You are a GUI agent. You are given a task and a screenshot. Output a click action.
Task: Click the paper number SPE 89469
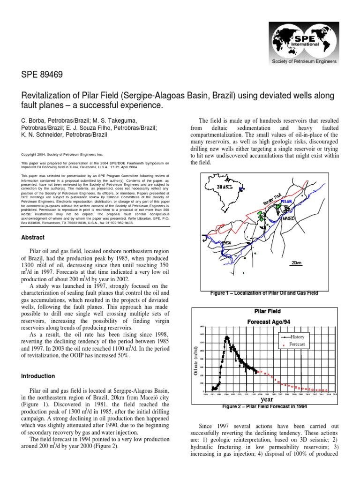click(x=43, y=74)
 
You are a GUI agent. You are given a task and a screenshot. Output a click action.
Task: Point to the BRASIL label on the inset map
click(x=225, y=186)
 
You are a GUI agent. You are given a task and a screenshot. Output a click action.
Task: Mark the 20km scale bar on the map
click(x=296, y=263)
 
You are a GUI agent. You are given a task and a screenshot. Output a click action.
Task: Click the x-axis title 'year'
click(x=267, y=399)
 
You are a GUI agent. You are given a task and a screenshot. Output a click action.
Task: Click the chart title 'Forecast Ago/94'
click(x=266, y=322)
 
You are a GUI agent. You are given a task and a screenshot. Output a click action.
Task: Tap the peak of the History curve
click(x=227, y=337)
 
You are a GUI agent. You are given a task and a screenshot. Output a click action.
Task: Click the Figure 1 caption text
click(x=264, y=293)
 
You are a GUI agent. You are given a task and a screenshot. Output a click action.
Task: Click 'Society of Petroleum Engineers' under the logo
click(x=301, y=62)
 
